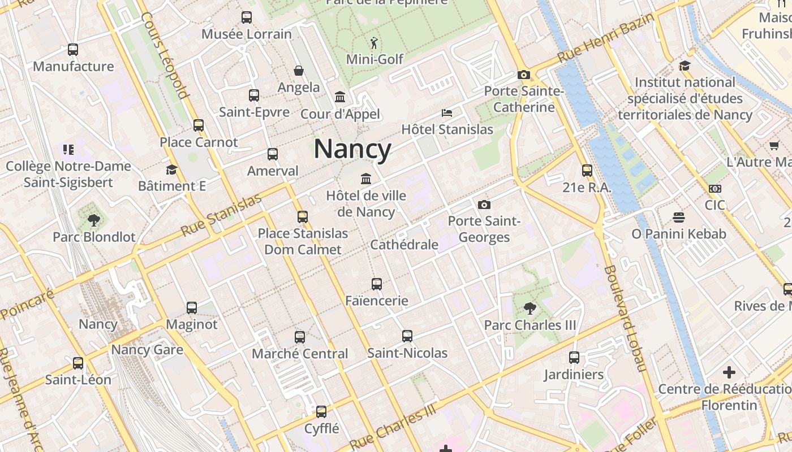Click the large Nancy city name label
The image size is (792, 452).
pos(352,149)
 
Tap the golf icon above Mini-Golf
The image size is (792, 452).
pos(374,43)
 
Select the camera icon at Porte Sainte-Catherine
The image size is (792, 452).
pos(523,75)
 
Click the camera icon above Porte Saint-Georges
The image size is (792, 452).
pos(484,205)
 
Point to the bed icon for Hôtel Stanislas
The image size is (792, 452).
pos(447,113)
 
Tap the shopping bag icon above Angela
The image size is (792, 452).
pos(299,71)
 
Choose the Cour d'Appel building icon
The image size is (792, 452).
pos(340,97)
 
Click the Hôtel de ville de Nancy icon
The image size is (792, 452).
pos(366,179)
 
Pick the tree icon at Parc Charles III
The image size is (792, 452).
pos(530,308)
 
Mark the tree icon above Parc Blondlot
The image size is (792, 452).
pos(94,220)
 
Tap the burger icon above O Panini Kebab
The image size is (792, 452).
pos(679,218)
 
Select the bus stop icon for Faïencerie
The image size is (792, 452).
pos(377,284)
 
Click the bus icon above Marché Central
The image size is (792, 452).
pos(300,337)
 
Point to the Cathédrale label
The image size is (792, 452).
pos(404,245)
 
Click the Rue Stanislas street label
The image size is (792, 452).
pos(221,215)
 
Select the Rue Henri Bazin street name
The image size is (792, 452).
pos(606,38)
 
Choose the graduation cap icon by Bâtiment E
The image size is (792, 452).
pos(171,169)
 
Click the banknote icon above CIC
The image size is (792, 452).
pos(715,189)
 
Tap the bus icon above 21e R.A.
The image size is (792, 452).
pos(587,171)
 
